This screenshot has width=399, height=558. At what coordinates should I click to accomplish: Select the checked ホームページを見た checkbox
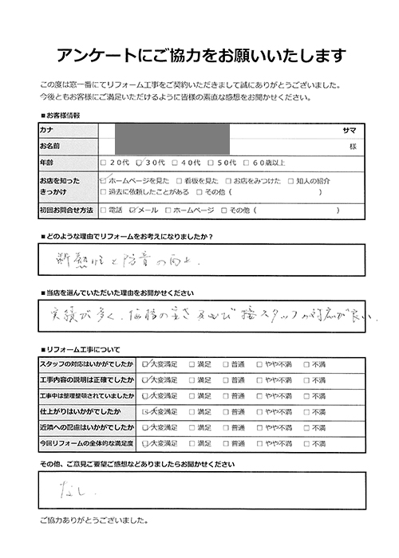(x=103, y=181)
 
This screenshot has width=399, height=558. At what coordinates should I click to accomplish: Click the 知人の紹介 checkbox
(x=290, y=181)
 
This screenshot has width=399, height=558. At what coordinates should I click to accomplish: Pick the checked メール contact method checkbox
(x=132, y=210)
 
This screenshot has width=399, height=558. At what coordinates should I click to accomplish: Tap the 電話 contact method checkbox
(x=103, y=210)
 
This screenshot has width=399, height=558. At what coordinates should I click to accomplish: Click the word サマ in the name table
(x=349, y=130)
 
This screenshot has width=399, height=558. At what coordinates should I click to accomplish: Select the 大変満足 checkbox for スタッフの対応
(x=145, y=364)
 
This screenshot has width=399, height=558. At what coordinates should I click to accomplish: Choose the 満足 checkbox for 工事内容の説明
(x=192, y=379)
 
